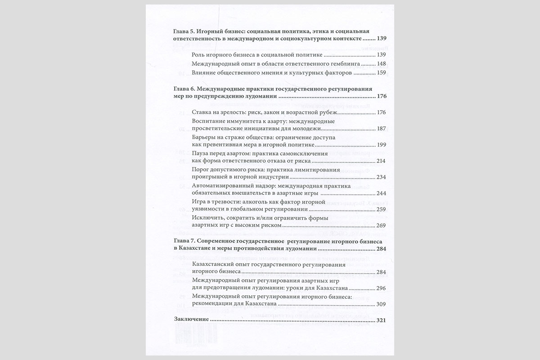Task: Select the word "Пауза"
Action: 201,153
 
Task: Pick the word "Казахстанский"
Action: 216,264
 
